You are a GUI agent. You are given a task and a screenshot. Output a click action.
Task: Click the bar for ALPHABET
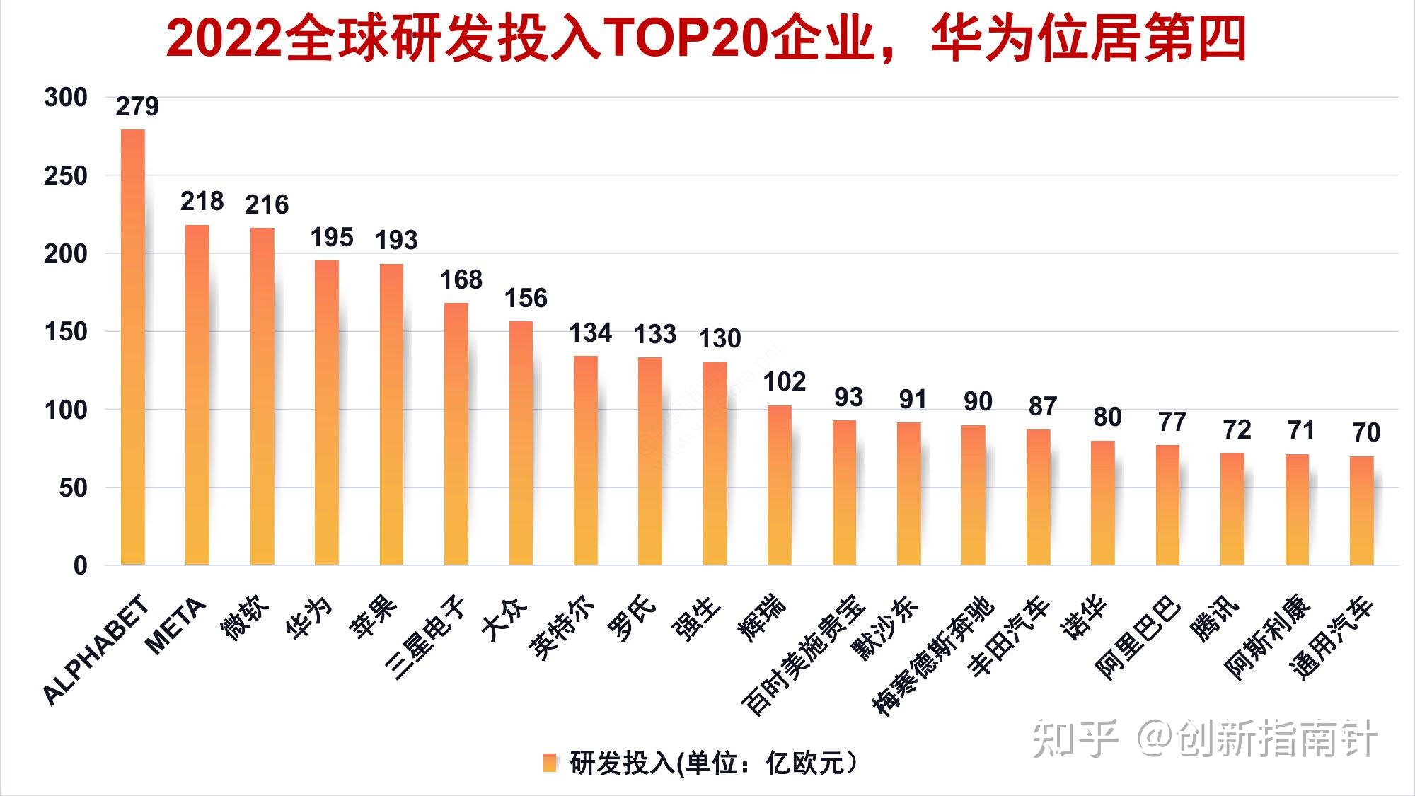(x=133, y=347)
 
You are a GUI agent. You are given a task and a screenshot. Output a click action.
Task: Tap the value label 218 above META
(x=202, y=202)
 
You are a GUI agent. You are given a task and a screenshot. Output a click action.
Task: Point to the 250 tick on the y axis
(x=66, y=175)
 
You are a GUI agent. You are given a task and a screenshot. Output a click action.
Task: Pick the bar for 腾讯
(x=1232, y=509)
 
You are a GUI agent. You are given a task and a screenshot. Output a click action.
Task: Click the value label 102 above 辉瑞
(x=784, y=382)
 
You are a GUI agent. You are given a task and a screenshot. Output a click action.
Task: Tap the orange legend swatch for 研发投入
(x=550, y=763)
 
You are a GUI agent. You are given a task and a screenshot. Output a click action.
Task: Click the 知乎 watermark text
(x=1074, y=739)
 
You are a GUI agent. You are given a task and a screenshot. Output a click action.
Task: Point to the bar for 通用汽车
(x=1361, y=511)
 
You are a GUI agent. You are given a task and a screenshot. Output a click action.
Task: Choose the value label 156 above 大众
(x=526, y=298)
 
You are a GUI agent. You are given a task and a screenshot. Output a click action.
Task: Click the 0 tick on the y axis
(x=80, y=565)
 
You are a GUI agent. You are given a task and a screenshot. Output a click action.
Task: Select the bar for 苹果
(x=391, y=415)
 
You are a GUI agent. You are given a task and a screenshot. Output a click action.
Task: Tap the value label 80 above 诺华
(x=1107, y=417)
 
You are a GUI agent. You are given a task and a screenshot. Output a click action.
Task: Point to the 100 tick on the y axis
(x=66, y=410)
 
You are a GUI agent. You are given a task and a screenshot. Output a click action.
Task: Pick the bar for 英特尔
(x=585, y=461)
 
